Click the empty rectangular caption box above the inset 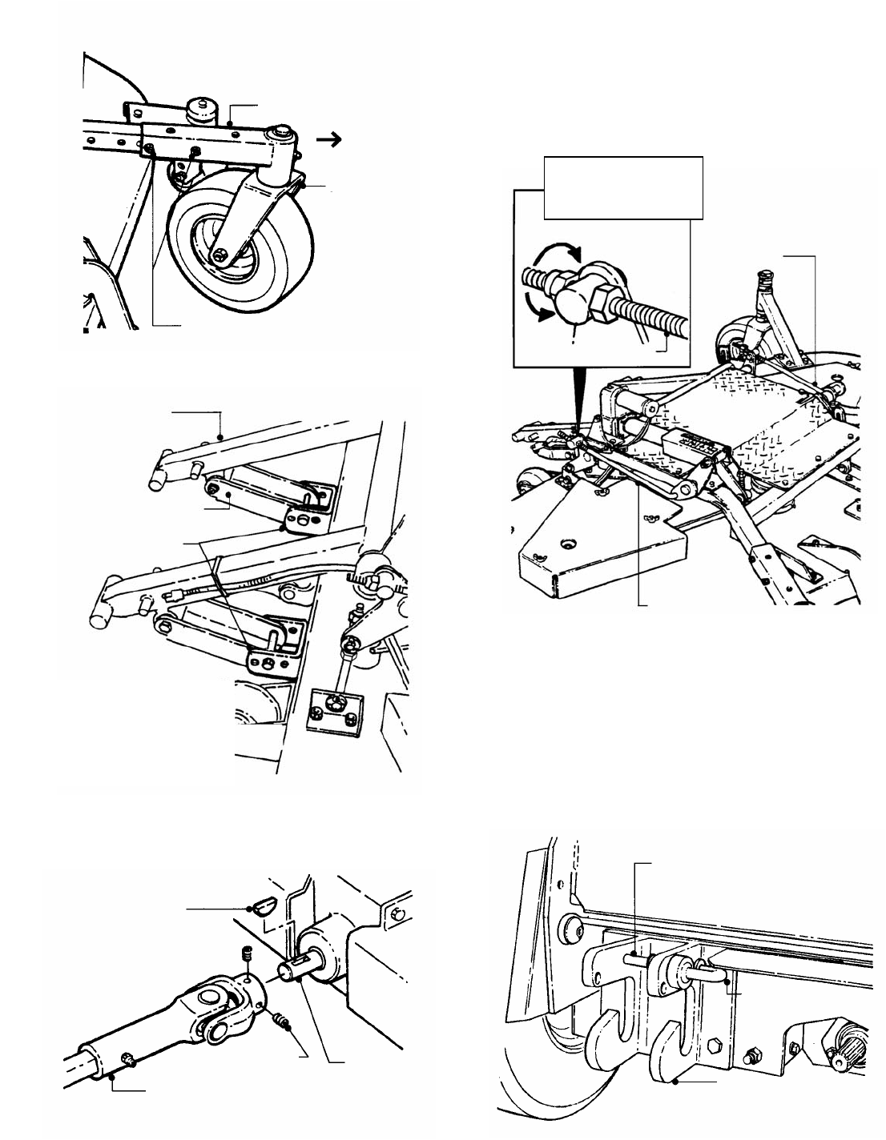click(x=622, y=187)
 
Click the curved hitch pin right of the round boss click(x=712, y=972)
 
